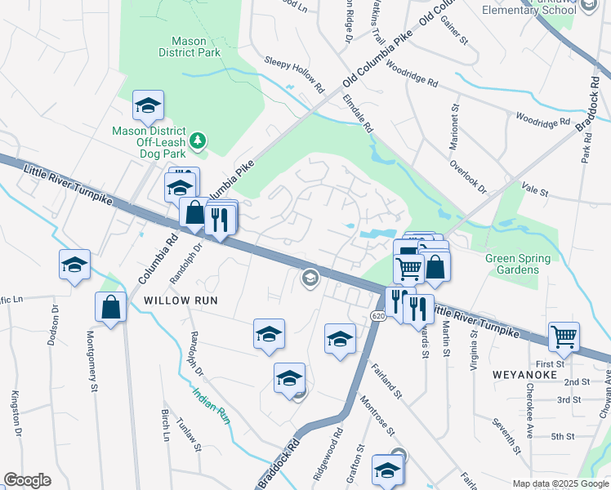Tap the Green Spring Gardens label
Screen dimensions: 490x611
(x=518, y=265)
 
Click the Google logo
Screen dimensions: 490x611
(x=27, y=480)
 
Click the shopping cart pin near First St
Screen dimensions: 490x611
(x=564, y=336)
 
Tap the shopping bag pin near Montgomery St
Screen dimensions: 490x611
(x=110, y=307)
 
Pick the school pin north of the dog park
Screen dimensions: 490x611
(x=148, y=105)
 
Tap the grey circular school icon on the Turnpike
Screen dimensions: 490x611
(x=310, y=278)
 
